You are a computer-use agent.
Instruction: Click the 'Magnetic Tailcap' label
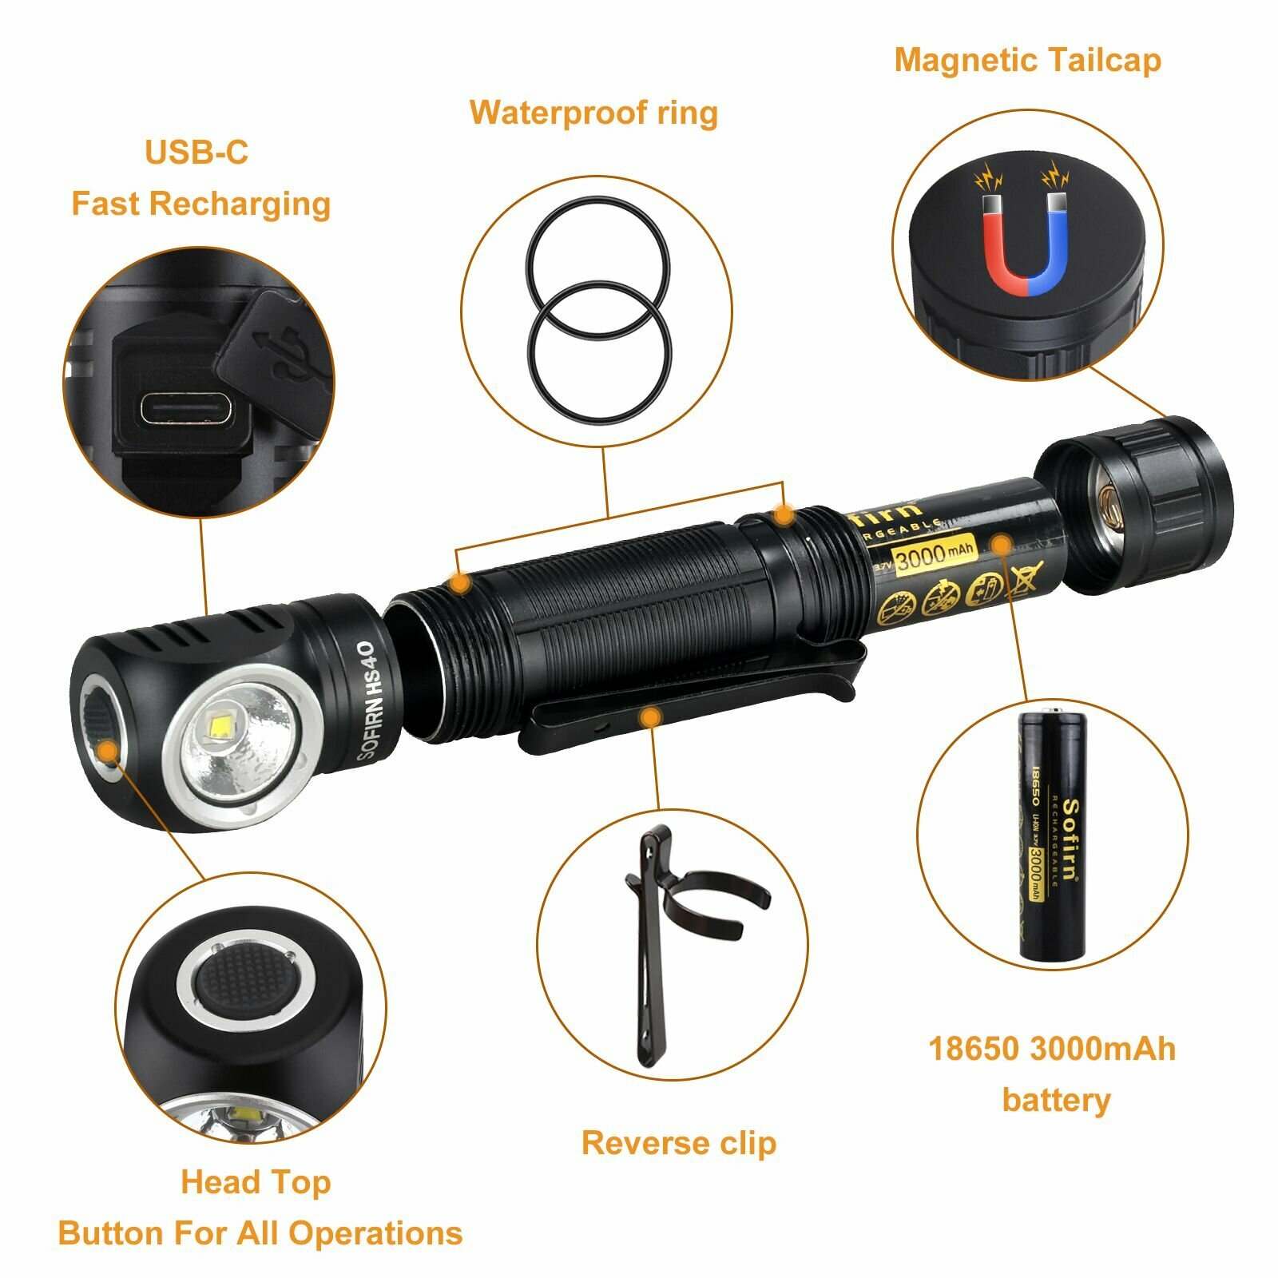[1027, 61]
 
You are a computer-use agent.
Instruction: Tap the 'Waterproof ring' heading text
[593, 113]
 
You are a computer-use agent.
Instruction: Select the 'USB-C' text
[196, 152]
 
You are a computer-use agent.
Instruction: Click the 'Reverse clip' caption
[678, 1143]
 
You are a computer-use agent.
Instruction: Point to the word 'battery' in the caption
[1056, 1100]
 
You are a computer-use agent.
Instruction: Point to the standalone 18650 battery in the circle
[1053, 835]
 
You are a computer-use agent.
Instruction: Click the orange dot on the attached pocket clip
[652, 717]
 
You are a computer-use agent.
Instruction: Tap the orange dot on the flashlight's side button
[106, 752]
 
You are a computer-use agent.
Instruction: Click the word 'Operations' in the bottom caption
[375, 1232]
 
